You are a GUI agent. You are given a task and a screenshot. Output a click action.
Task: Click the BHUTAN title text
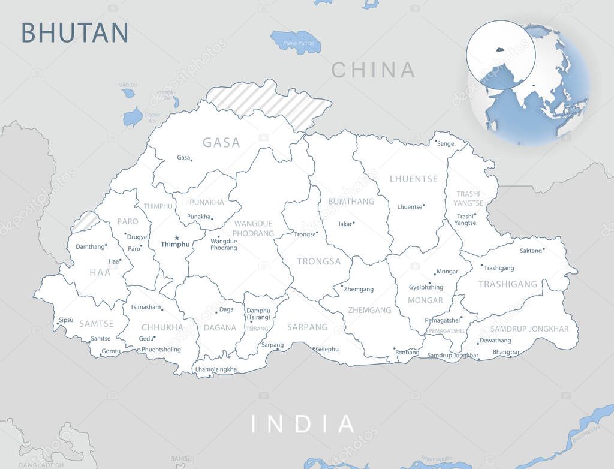[75, 32]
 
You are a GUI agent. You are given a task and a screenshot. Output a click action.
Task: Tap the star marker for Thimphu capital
[176, 237]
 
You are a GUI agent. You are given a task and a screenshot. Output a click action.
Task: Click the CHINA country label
[373, 70]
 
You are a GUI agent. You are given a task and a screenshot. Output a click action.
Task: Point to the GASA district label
[221, 143]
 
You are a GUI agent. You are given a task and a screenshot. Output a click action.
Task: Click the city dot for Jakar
[354, 223]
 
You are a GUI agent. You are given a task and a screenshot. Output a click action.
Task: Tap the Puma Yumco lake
[296, 41]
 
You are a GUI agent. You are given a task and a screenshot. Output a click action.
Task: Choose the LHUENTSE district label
[414, 179]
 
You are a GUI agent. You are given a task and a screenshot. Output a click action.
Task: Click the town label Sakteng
[531, 251]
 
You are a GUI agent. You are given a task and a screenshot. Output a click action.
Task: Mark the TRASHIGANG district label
[508, 284]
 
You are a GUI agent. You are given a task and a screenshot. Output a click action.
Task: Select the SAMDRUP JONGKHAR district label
[529, 329]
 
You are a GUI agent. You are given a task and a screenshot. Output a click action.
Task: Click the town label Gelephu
[327, 349]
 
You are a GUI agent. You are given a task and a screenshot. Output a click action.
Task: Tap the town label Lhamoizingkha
[216, 369]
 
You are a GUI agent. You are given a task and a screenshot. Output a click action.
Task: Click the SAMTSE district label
[97, 323]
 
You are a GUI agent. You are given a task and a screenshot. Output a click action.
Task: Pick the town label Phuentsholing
[161, 350]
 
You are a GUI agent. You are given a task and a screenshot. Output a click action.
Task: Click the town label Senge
[446, 144]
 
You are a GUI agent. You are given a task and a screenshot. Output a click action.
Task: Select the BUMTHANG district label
[351, 201]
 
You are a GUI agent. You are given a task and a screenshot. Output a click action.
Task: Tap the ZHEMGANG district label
[369, 310]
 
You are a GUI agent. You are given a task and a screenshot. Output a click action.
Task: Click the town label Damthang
[90, 246]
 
